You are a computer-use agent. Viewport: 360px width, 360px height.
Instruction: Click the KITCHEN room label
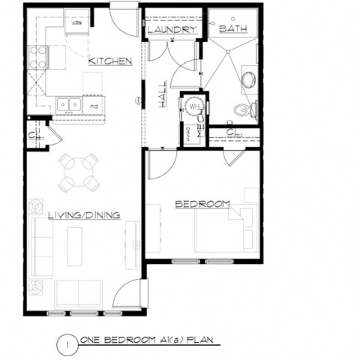pos(110,61)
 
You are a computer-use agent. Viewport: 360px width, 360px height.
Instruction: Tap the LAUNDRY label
pos(171,30)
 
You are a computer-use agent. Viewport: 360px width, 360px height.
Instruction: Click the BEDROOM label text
pos(202,203)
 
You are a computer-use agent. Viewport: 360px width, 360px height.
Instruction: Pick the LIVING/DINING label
pos(84,215)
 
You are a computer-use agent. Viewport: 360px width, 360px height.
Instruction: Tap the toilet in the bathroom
pos(244,110)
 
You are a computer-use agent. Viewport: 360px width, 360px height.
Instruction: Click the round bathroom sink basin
pos(248,80)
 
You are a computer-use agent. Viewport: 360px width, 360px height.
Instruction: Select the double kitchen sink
pos(68,105)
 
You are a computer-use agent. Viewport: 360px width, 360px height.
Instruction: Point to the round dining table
pos(79,172)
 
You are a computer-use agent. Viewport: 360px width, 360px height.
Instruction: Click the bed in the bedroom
pos(225,230)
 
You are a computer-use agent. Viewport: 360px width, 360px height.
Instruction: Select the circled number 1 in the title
pos(67,344)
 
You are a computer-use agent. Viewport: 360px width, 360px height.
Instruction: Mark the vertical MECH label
pos(202,133)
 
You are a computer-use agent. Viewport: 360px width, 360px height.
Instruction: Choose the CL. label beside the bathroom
pos(232,136)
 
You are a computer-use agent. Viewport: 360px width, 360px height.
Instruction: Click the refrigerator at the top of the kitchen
pos(77,22)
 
